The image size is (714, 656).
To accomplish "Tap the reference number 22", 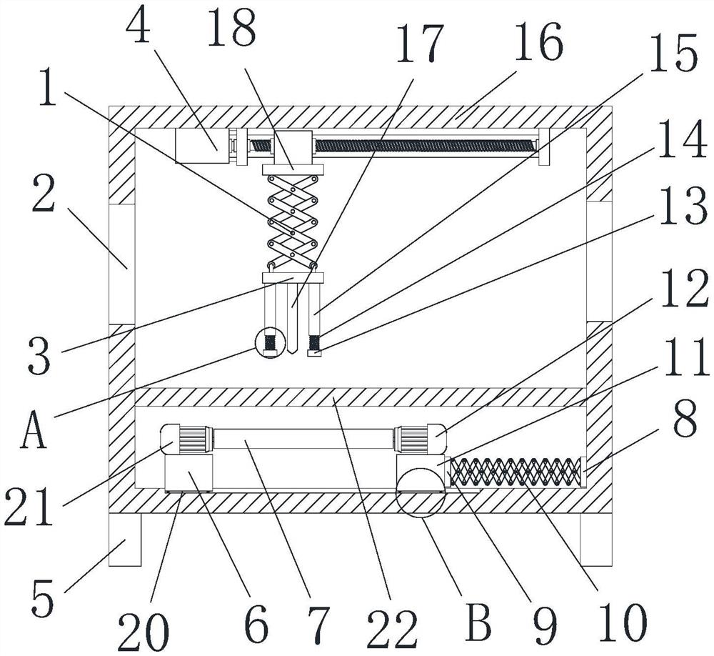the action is [x=393, y=629].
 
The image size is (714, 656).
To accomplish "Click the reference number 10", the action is [x=622, y=622].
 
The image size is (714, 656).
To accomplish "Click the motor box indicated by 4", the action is [x=202, y=146].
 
